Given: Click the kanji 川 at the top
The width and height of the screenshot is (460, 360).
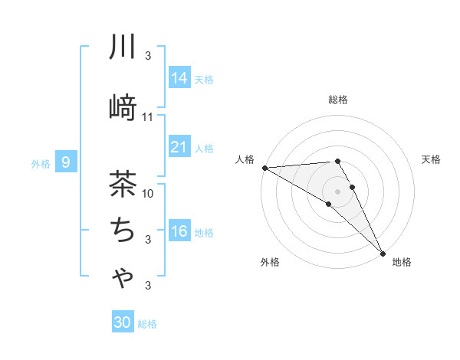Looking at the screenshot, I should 123,47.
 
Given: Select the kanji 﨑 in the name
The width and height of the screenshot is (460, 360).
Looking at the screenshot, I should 123,108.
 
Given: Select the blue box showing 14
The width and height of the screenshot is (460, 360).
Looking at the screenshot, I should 179,78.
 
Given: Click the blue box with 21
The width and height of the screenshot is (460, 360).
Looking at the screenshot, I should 179,148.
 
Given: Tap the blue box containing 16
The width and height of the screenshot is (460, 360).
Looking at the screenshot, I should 179,232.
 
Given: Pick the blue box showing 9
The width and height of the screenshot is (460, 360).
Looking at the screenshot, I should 67,162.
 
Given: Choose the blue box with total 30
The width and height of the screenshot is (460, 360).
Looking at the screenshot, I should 123,323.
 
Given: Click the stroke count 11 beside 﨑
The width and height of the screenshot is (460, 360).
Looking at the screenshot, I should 148,117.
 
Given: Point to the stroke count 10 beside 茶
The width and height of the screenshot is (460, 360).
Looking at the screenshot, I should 148,193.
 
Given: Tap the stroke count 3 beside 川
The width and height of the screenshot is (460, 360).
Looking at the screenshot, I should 148,56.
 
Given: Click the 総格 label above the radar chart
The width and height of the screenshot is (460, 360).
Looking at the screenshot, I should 338,100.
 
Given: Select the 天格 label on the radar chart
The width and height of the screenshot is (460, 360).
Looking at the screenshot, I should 432,159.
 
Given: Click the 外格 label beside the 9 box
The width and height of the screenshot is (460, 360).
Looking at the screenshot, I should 41,163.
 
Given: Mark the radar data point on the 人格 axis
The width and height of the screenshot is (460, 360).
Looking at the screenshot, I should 264,168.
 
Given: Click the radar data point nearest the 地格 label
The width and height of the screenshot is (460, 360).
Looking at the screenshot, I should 383,252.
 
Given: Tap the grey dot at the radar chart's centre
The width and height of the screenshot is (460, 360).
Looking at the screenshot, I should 337,190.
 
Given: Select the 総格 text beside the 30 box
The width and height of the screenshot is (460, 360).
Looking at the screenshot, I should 147,324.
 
